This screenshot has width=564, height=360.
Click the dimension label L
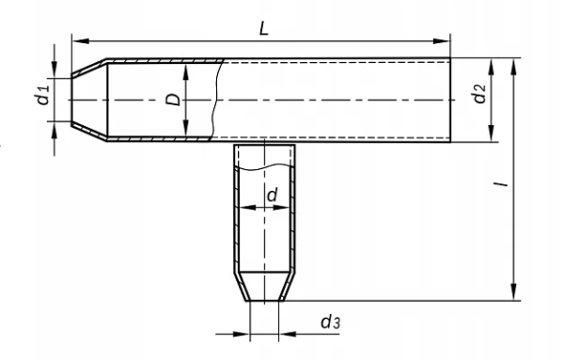pyautogui.click(x=264, y=29)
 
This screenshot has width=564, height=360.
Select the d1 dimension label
pyautogui.click(x=43, y=95)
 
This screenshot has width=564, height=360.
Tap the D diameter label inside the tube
pyautogui.click(x=173, y=100)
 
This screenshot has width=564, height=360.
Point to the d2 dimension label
pyautogui.click(x=479, y=93)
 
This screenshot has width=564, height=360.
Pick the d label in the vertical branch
pyautogui.click(x=273, y=195)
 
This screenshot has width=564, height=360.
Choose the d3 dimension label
pyautogui.click(x=330, y=321)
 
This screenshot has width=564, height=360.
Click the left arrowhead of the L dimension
pyautogui.click(x=80, y=41)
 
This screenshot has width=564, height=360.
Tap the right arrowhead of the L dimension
pyautogui.click(x=442, y=41)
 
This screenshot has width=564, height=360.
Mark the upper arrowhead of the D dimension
pyautogui.click(x=185, y=72)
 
